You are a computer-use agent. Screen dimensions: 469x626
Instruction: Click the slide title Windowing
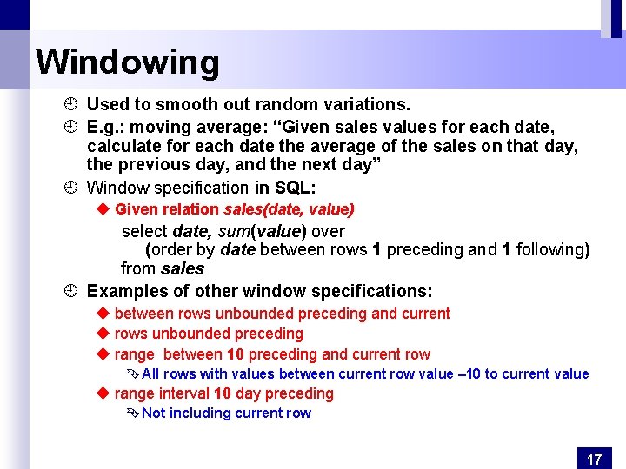click(x=128, y=63)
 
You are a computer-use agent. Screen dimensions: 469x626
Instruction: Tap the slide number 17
click(x=595, y=459)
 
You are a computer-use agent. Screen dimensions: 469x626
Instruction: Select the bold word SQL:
click(x=295, y=188)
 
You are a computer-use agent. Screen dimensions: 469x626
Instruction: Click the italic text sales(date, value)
click(x=289, y=209)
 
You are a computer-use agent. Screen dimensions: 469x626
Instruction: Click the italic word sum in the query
click(x=232, y=232)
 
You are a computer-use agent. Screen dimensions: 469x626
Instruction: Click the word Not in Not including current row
click(x=153, y=413)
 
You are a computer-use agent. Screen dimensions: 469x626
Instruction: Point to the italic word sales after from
click(x=182, y=269)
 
